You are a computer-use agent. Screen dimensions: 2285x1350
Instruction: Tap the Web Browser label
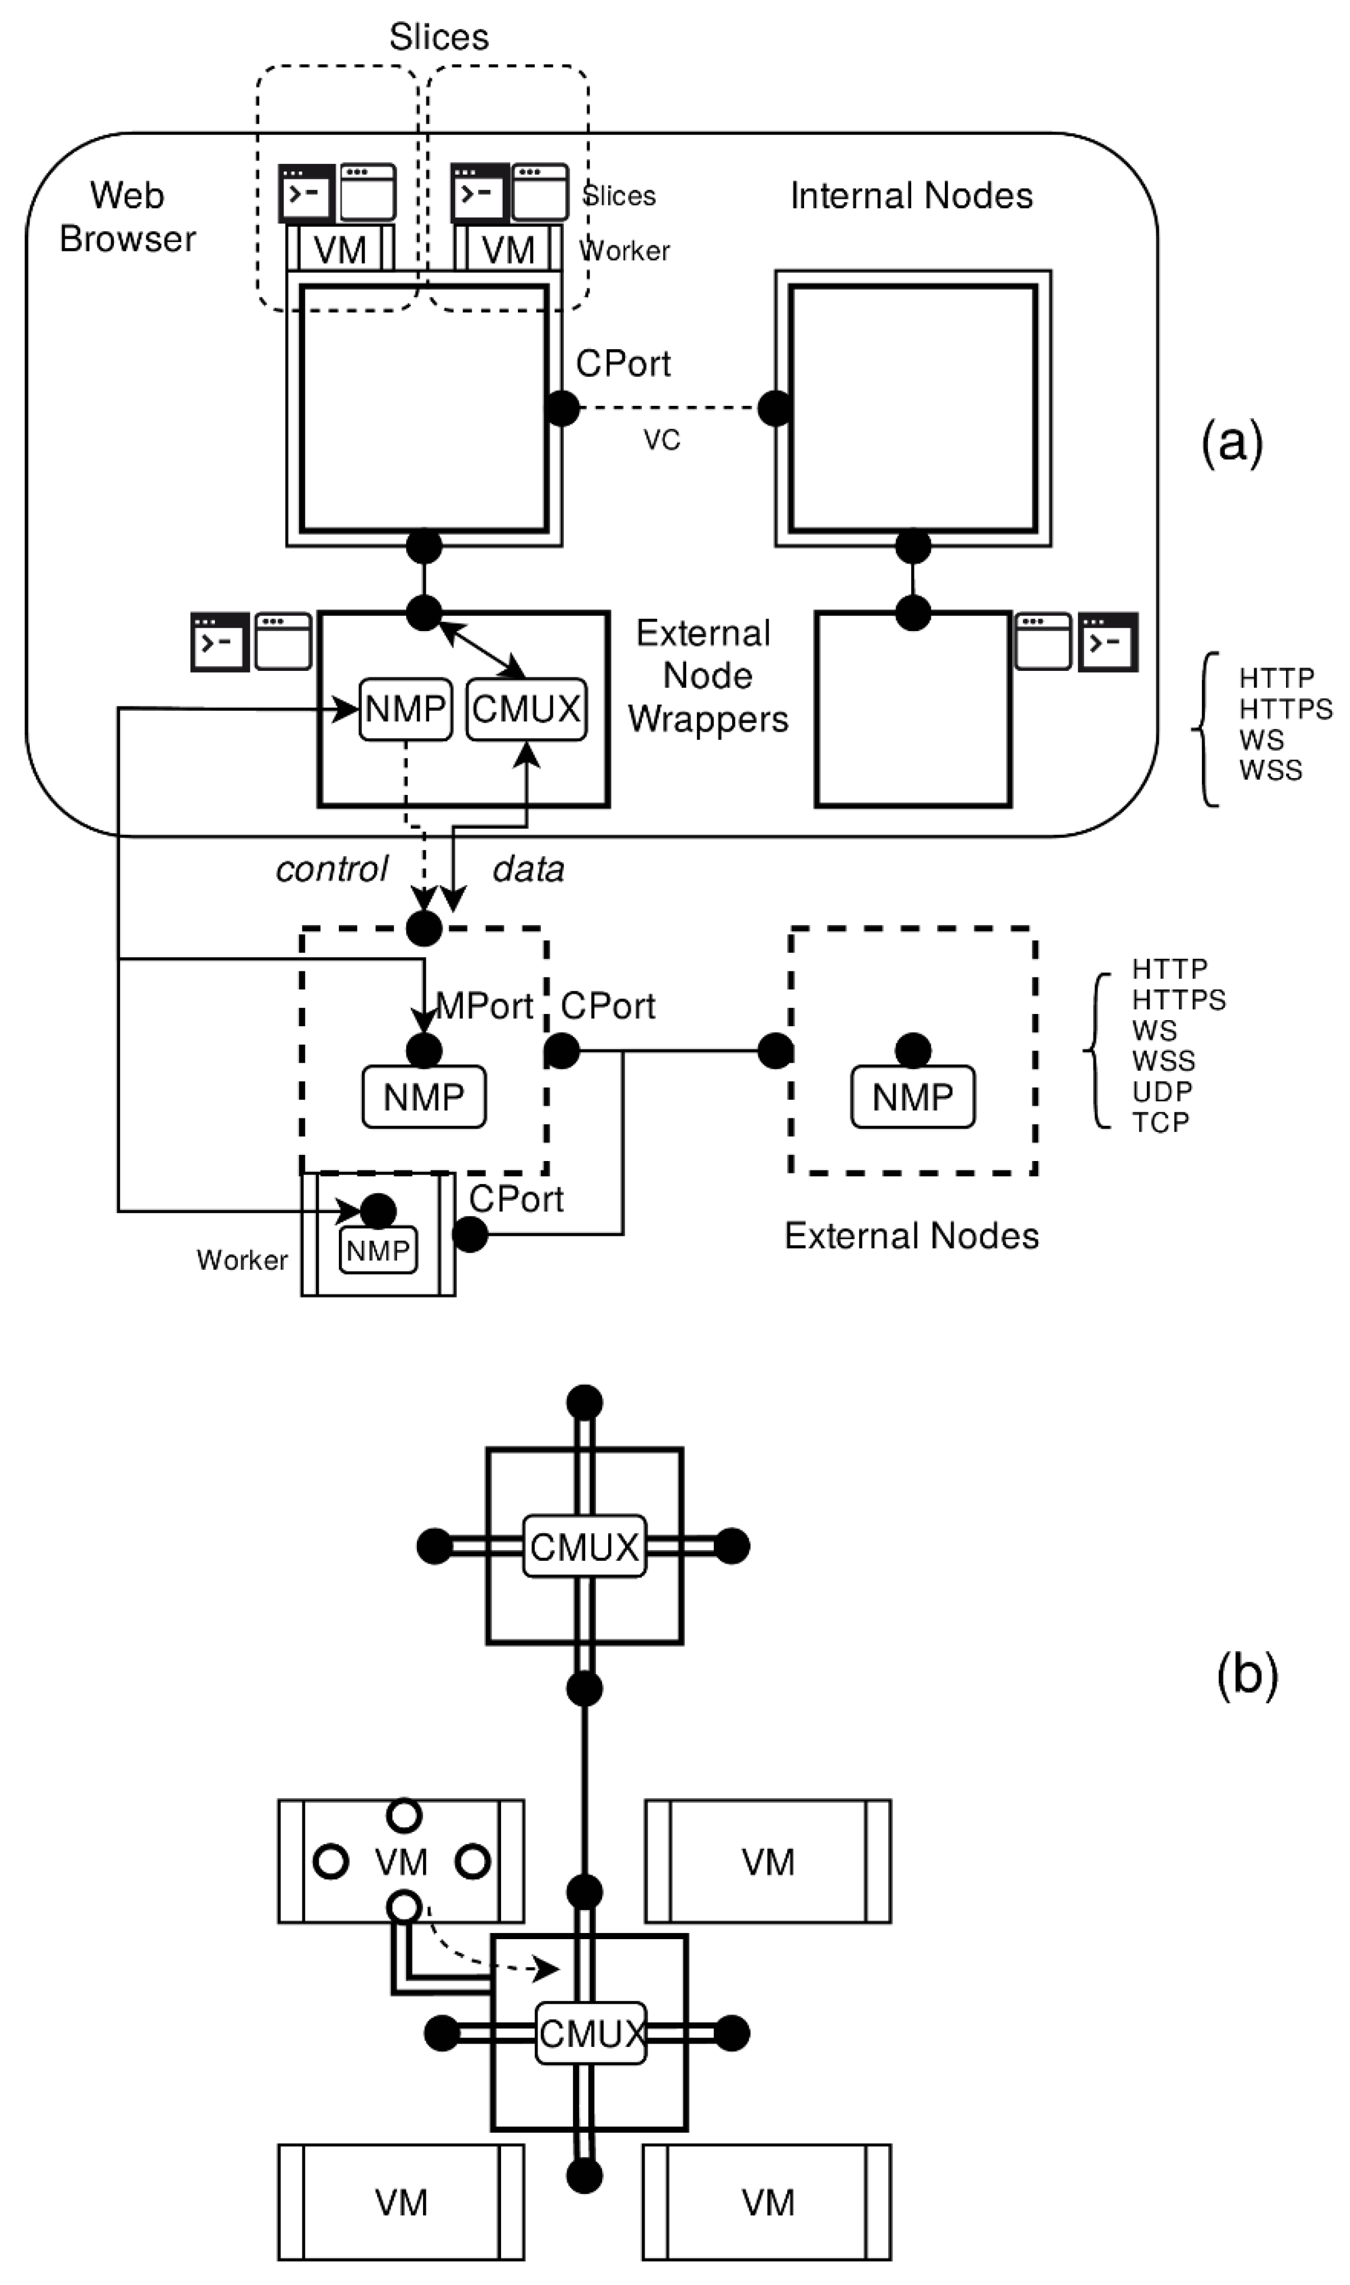127,217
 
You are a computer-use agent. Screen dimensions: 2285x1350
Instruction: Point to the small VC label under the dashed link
662,441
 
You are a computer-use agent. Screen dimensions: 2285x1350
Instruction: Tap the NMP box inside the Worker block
378,1250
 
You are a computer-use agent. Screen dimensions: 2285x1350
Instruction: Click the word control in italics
332,869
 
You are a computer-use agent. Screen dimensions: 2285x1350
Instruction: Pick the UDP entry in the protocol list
1161,1091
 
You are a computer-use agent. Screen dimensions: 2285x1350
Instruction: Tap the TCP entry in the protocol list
1160,1122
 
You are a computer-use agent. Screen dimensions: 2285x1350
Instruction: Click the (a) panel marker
1232,443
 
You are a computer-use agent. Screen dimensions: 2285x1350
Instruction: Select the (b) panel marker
1246,1672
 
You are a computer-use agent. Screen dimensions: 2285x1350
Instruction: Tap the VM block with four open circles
401,1862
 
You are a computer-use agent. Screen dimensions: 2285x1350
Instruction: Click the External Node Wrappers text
707,676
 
